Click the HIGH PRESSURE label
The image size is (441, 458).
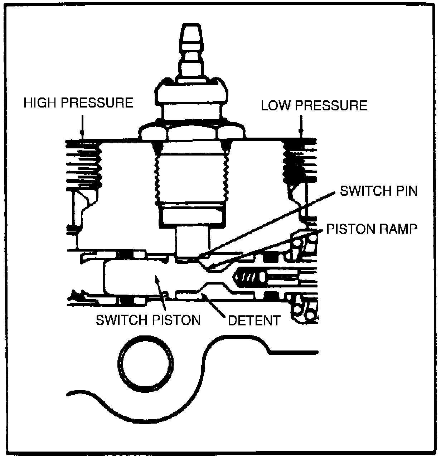pos(78,103)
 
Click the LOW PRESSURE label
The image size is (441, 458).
pos(314,106)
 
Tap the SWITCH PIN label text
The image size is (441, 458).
pos(378,191)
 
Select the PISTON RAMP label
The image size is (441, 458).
pos(372,229)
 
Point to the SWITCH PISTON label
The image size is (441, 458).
pos(148,320)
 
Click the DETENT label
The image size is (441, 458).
pos(254,320)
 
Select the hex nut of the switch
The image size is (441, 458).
pos(192,133)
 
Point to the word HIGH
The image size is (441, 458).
pos(40,103)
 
